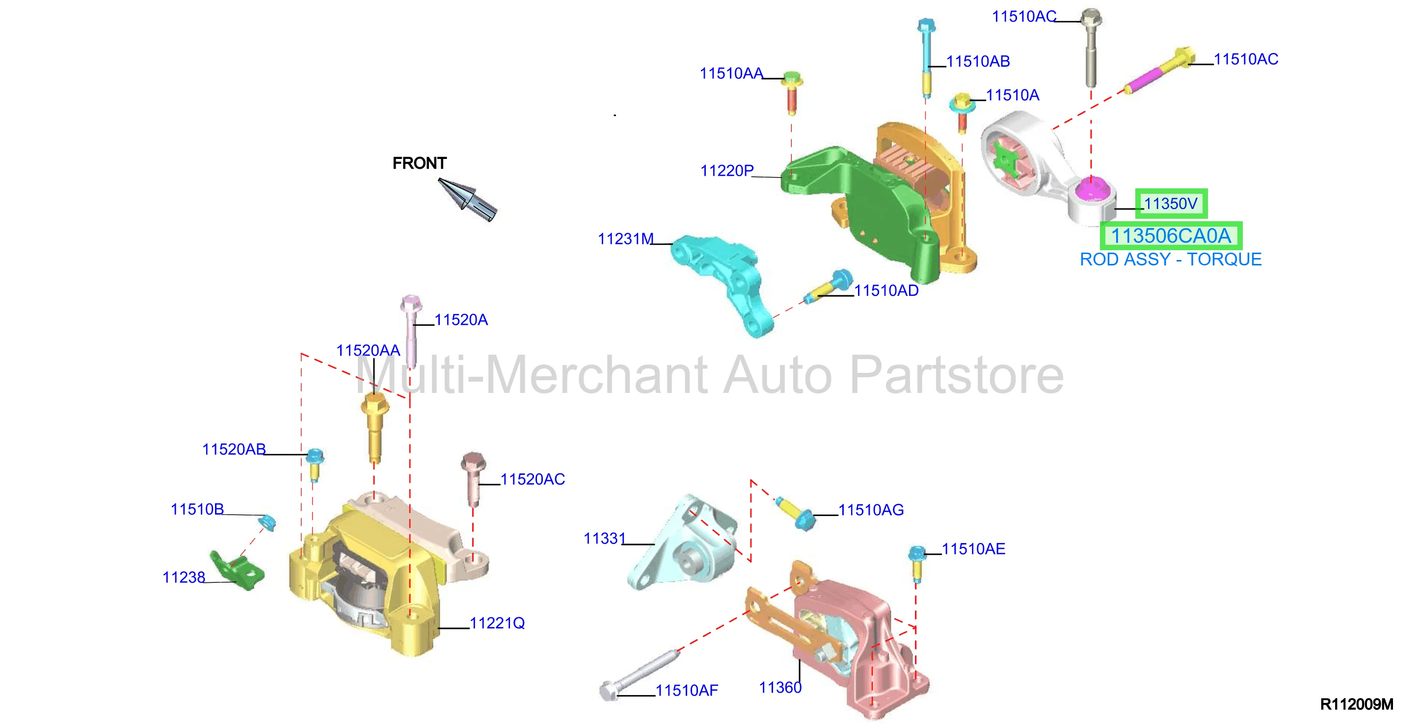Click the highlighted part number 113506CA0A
[x=1171, y=236]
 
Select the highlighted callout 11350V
[x=1171, y=204]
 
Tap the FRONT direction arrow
[x=467, y=199]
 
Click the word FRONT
[x=420, y=163]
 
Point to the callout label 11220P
[x=726, y=171]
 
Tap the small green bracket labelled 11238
[x=237, y=571]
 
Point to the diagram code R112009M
[x=1356, y=704]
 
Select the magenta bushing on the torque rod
[x=1092, y=190]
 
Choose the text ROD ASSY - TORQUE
[x=1170, y=260]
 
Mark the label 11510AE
[x=973, y=549]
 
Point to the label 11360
[x=780, y=688]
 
